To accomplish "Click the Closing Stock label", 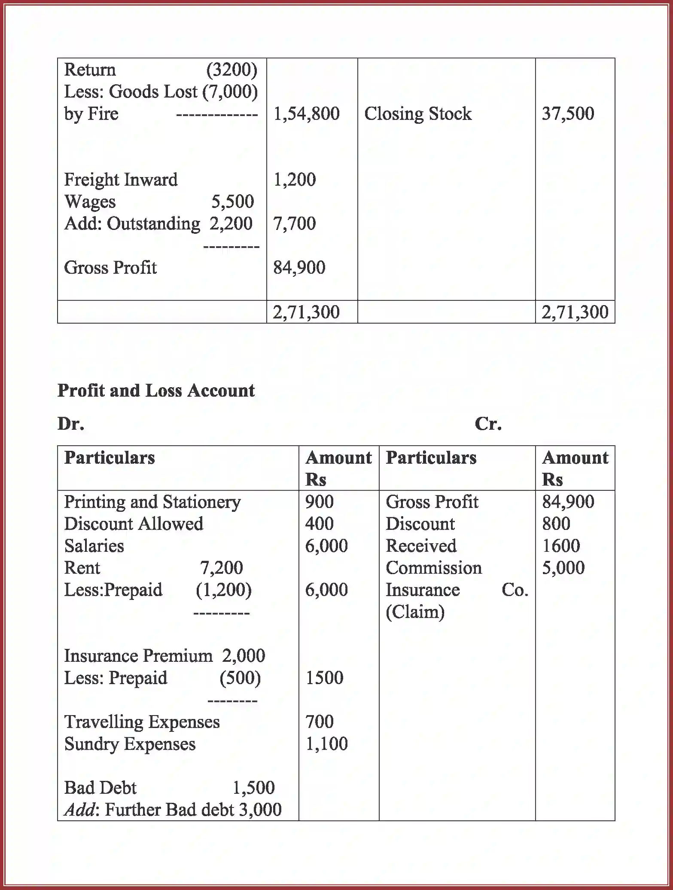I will [x=417, y=114].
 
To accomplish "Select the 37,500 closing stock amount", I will [x=568, y=114].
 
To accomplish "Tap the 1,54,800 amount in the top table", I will [x=306, y=114].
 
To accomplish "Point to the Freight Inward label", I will [x=121, y=180].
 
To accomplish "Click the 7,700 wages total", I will [x=294, y=223].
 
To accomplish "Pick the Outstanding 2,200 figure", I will [x=231, y=223].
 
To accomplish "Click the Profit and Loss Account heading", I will [x=156, y=390].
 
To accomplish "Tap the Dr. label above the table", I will [x=71, y=424].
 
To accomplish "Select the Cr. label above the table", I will [x=488, y=424].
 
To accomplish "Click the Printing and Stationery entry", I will [x=152, y=502].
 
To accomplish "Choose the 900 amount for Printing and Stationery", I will [x=319, y=502].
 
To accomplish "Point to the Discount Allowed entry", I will [x=134, y=524].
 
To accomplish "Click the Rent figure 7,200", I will [x=221, y=568].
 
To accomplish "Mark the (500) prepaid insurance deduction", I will [x=240, y=678].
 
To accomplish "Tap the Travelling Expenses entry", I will [x=142, y=722].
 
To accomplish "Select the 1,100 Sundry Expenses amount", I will [x=326, y=743].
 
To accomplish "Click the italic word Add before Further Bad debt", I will [x=79, y=810].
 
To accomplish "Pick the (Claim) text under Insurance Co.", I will [x=415, y=612].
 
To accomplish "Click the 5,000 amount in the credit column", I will [x=563, y=568].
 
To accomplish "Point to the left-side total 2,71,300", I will [x=306, y=312].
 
